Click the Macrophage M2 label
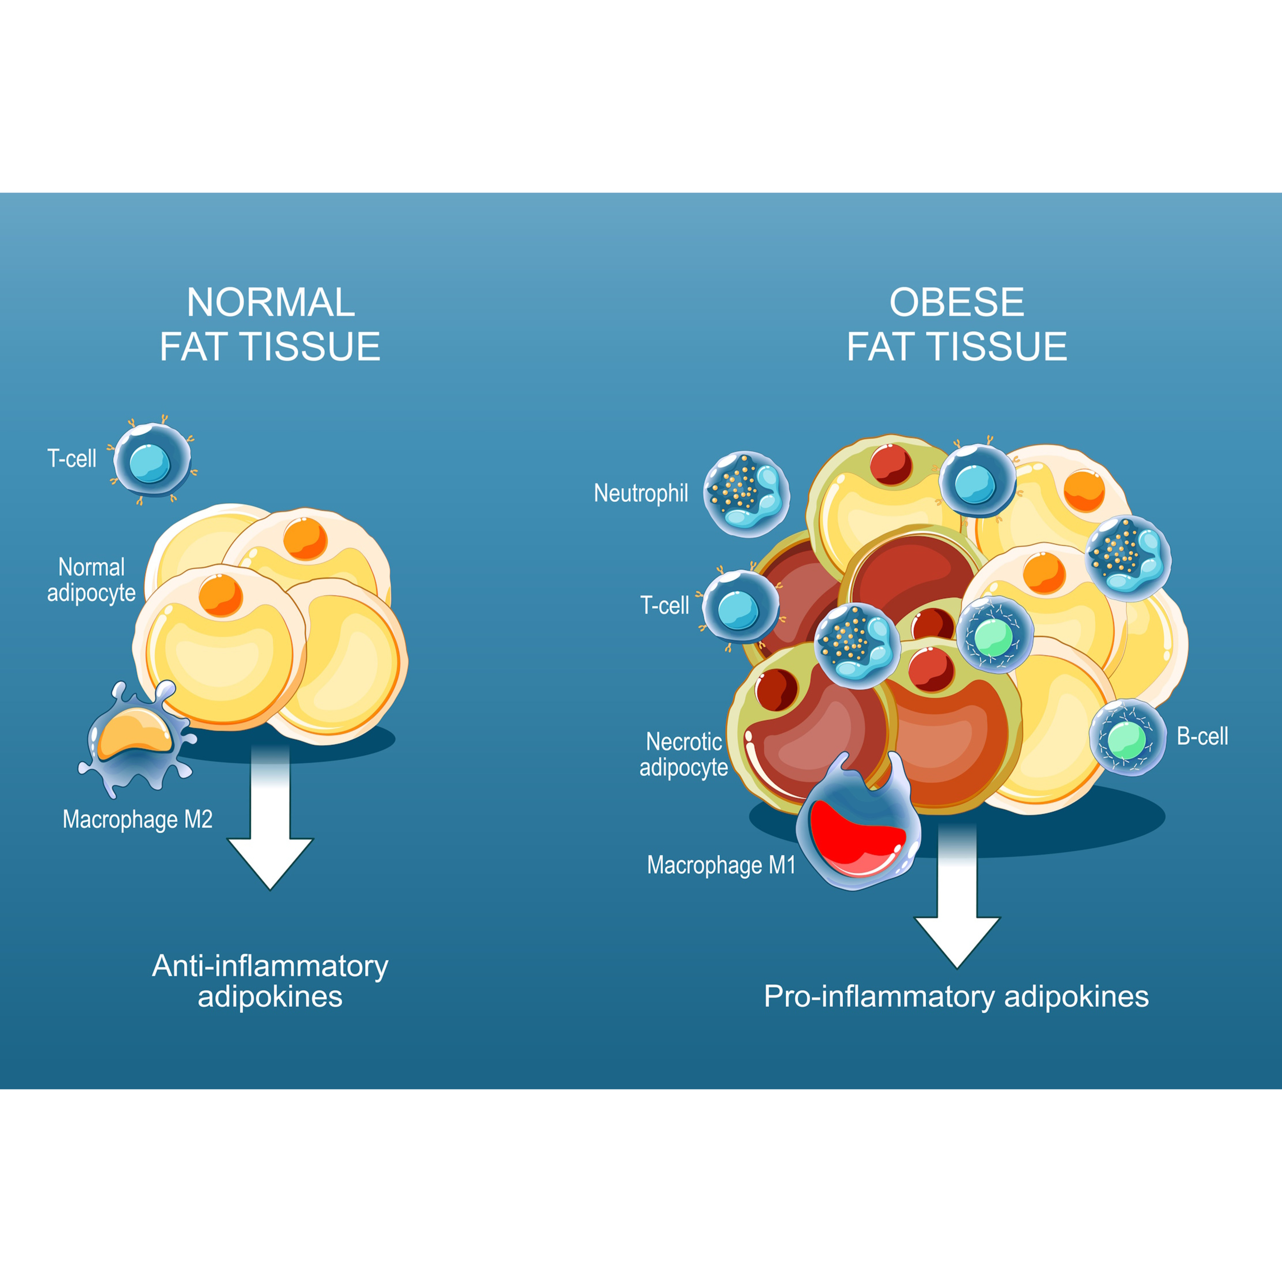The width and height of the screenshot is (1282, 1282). (137, 820)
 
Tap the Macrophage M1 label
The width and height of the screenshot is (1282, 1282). (721, 865)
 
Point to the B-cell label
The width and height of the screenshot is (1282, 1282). (1203, 736)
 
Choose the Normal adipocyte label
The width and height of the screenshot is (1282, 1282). (91, 580)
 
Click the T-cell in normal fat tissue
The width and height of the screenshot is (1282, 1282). (152, 460)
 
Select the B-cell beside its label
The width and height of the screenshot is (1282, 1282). (1127, 737)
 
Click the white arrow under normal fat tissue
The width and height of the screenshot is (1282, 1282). (270, 817)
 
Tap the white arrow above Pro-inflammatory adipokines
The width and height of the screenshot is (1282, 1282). (957, 896)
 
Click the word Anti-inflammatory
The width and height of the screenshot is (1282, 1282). (270, 966)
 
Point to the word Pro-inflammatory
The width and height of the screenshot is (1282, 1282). (879, 997)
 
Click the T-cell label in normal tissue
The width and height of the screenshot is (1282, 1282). (72, 459)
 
